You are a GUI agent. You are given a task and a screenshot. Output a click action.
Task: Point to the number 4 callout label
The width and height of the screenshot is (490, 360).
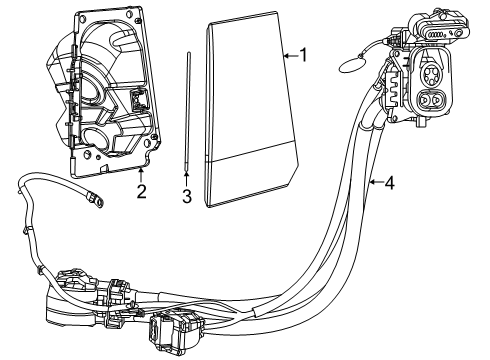pos(389,183)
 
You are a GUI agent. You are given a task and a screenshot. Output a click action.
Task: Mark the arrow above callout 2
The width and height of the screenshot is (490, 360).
pos(142,174)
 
